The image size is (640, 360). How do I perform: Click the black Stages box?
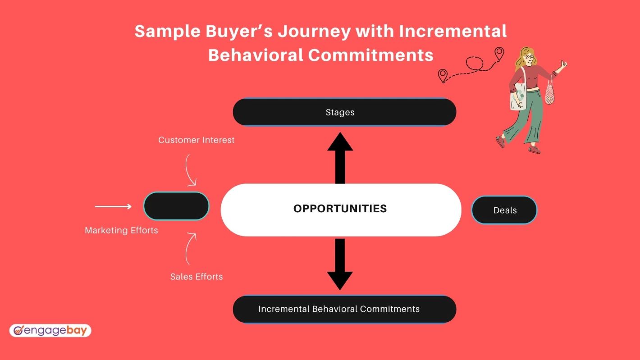pyautogui.click(x=344, y=112)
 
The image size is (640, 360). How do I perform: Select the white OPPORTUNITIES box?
pyautogui.click(x=341, y=210)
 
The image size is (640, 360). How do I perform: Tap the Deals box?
pyautogui.click(x=504, y=210)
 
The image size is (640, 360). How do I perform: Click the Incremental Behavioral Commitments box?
pyautogui.click(x=344, y=309)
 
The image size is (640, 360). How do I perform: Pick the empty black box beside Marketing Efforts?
pyautogui.click(x=176, y=206)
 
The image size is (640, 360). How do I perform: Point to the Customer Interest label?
pyautogui.click(x=197, y=140)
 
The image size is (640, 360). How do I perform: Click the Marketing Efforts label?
pyautogui.click(x=121, y=230)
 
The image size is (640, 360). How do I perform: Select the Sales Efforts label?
pyautogui.click(x=197, y=277)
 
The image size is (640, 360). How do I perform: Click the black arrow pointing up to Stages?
pyautogui.click(x=340, y=158)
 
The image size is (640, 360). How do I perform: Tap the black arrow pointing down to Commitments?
pyautogui.click(x=340, y=264)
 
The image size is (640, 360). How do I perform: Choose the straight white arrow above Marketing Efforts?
pyautogui.click(x=113, y=206)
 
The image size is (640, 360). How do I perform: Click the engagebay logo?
pyautogui.click(x=50, y=331)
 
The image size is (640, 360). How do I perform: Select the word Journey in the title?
pyautogui.click(x=314, y=32)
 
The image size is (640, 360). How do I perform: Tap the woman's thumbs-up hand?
pyautogui.click(x=564, y=64)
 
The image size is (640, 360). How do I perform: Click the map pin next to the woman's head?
pyautogui.click(x=499, y=54)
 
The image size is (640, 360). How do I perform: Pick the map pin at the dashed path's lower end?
pyautogui.click(x=443, y=76)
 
